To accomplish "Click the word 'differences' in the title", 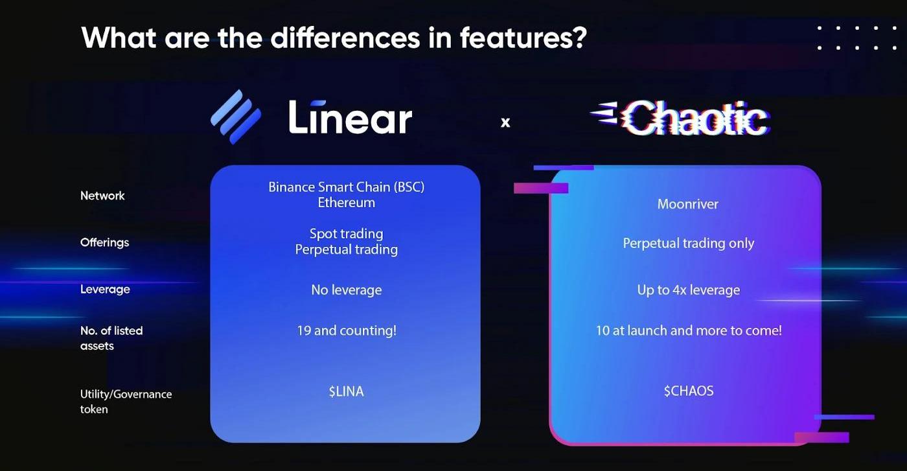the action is coord(345,38).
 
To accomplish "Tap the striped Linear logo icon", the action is coord(236,117).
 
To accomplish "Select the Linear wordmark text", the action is coord(350,117).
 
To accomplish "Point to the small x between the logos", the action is coord(505,122).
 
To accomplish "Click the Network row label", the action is coord(102,196).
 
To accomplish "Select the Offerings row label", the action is coord(104,242).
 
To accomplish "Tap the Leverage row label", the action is coord(105,289).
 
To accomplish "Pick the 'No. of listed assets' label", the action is coord(111,338).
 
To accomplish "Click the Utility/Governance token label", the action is coord(126,401).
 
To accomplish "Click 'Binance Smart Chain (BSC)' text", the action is coord(346,187).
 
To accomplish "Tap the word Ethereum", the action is coord(346,203).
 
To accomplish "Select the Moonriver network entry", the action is coord(688,204).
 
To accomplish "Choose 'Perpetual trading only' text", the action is coord(688,244).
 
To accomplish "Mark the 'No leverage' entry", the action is coord(346,290).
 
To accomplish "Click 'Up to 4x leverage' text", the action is coord(688,290).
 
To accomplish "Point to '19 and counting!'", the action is coord(347,331).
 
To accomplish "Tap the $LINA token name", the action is coord(346,391).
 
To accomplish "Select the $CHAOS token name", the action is coord(689,391).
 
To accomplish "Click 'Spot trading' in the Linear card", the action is coord(346,234).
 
